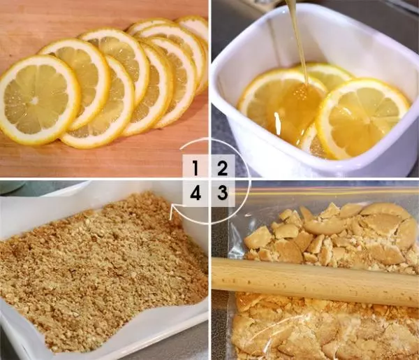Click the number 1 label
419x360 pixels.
click(196, 168)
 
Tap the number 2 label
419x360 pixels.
click(222, 168)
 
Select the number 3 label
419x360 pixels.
click(222, 192)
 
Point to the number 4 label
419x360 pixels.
click(196, 192)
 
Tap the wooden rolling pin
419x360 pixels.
click(316, 282)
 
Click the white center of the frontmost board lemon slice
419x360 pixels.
click(34, 101)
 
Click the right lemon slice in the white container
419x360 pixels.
click(362, 117)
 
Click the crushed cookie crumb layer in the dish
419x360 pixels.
click(101, 270)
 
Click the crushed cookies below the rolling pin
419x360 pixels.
click(321, 329)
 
